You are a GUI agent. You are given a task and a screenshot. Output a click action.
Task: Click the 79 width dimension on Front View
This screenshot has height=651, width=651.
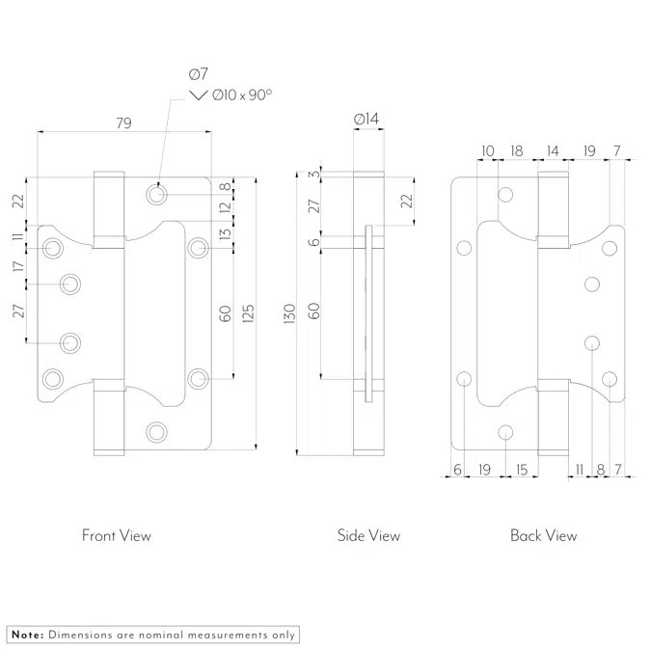123,122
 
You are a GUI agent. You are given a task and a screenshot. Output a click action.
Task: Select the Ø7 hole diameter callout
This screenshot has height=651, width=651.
200,73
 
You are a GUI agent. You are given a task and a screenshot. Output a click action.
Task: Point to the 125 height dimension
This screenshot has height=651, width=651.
248,313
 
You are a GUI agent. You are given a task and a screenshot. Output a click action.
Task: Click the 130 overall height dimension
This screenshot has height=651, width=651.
290,313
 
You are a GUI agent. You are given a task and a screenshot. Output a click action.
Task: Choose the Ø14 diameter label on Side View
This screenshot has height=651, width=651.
367,119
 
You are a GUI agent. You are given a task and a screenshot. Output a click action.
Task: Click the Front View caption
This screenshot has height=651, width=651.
117,535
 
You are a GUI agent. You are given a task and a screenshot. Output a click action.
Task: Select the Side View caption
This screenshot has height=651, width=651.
368,535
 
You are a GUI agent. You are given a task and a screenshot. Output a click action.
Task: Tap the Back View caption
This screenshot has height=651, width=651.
544,535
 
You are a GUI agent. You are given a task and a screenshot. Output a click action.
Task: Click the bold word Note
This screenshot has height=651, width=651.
26,635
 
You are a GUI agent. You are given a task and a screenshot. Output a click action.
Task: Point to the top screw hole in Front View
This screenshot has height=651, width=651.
156,194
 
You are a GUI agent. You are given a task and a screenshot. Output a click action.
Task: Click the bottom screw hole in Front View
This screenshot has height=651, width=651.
156,431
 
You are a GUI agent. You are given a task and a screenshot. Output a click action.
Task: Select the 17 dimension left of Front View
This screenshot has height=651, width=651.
17,266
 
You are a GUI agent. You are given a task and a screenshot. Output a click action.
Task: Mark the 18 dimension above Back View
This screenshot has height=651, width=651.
517,150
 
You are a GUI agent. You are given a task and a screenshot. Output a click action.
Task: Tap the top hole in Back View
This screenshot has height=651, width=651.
505,196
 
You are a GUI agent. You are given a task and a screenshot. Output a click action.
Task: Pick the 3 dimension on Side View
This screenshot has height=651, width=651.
312,174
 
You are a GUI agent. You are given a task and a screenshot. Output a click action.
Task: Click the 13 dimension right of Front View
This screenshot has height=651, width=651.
225,233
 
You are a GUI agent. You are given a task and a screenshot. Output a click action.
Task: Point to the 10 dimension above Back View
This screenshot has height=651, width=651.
487,150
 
